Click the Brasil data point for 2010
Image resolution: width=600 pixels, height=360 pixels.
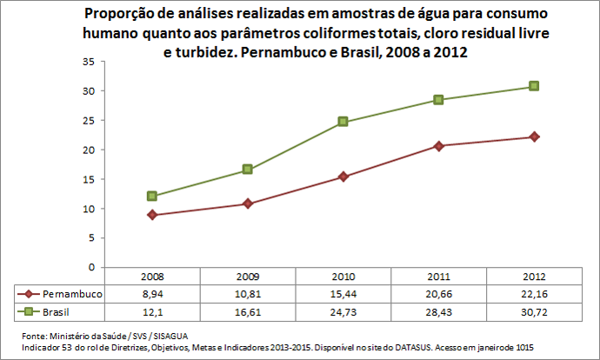pyautogui.click(x=343, y=122)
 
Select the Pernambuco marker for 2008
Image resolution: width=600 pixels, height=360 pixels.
pyautogui.click(x=152, y=215)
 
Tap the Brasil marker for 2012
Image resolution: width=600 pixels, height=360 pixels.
pyautogui.click(x=534, y=86)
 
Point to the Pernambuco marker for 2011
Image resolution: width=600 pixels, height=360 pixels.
pyautogui.click(x=439, y=146)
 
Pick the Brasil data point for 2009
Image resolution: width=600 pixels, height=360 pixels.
pyautogui.click(x=248, y=170)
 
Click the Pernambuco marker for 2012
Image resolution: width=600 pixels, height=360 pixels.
pyautogui.click(x=534, y=137)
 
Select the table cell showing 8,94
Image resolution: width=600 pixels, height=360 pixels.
pyautogui.click(x=152, y=295)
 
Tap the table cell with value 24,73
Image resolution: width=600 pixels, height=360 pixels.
pyautogui.click(x=343, y=311)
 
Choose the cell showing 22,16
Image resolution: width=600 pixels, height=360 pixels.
pyautogui.click(x=534, y=295)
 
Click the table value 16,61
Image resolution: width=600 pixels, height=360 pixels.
pyautogui.click(x=248, y=311)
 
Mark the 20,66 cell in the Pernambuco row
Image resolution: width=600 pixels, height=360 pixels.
pyautogui.click(x=439, y=295)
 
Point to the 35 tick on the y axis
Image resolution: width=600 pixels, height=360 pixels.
pyautogui.click(x=88, y=62)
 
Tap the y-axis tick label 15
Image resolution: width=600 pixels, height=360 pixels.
pyautogui.click(x=88, y=179)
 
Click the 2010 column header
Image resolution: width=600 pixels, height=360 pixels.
pyautogui.click(x=343, y=276)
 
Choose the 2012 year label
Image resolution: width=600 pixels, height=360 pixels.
pyautogui.click(x=534, y=276)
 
